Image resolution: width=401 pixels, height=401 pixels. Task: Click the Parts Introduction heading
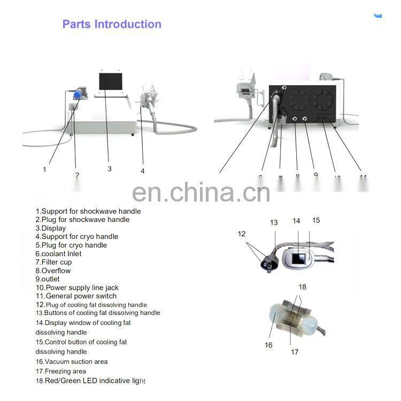(x=112, y=24)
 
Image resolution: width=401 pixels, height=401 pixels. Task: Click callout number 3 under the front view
(x=110, y=168)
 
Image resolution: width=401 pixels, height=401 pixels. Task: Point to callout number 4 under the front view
(x=143, y=171)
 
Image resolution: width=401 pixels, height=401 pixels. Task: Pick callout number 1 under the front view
(x=44, y=169)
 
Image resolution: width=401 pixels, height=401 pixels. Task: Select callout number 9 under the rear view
(x=315, y=174)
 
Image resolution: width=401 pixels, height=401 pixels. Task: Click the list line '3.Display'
(x=51, y=228)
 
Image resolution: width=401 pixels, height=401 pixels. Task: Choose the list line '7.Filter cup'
(x=53, y=262)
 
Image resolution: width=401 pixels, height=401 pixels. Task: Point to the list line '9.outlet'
(x=48, y=279)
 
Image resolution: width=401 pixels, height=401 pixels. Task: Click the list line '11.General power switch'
(x=76, y=296)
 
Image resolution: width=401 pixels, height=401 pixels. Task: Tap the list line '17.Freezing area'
(x=60, y=371)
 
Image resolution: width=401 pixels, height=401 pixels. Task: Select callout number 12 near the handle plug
(x=242, y=234)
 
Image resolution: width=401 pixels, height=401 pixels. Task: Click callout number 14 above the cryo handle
(x=296, y=221)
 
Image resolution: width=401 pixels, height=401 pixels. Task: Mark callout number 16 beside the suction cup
(x=268, y=345)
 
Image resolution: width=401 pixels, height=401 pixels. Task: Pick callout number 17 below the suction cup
(x=295, y=352)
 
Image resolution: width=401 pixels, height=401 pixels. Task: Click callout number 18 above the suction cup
(x=303, y=287)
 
